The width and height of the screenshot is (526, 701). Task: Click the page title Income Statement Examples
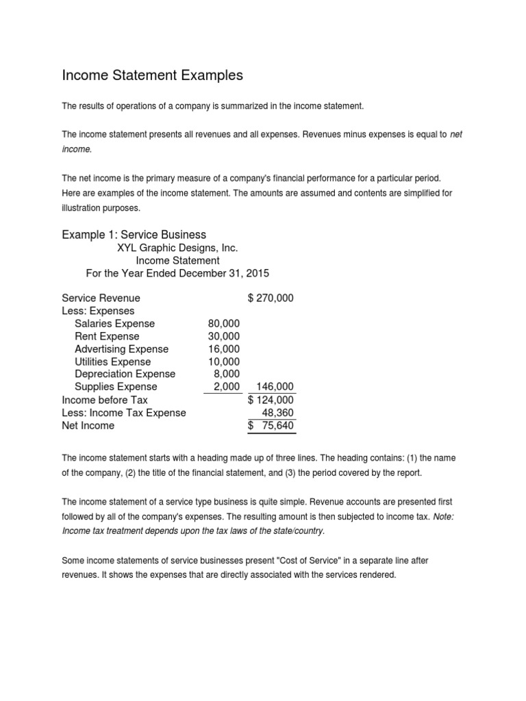152,76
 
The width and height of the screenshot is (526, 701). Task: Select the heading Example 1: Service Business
134,235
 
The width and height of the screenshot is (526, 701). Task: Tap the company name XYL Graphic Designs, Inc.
177,248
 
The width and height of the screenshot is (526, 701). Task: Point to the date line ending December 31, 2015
177,273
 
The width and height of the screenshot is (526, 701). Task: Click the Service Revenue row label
101,298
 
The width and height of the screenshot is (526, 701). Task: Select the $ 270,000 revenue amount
271,298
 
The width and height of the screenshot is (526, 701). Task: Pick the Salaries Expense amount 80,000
223,323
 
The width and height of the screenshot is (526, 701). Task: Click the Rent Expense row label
107,336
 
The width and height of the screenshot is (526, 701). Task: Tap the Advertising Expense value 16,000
223,349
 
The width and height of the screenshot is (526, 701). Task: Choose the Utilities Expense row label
112,361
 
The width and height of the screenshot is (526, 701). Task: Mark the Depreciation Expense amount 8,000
227,374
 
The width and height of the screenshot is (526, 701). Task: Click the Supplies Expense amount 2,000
227,387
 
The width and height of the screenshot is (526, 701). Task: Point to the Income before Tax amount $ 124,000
271,400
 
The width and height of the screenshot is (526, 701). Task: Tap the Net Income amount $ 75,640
271,426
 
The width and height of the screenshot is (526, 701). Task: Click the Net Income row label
88,425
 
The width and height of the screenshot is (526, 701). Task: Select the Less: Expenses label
98,311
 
